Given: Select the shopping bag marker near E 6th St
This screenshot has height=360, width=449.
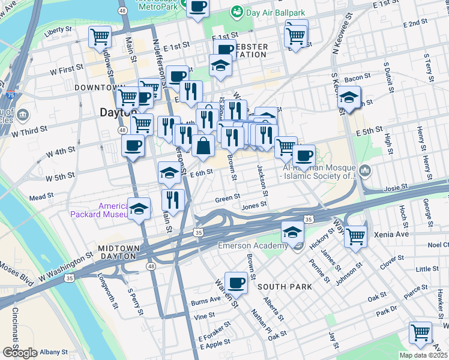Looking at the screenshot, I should click(203, 146).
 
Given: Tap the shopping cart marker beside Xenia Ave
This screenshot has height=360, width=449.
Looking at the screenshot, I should click(356, 236).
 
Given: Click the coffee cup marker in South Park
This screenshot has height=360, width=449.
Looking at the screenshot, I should click(236, 283).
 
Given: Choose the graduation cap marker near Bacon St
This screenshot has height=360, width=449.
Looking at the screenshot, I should click(349, 98).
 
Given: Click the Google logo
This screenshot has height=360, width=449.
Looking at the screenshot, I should click(20, 352).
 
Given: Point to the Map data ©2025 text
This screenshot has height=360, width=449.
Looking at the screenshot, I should click(424, 355).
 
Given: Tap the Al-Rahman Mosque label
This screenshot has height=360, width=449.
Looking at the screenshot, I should click(319, 172).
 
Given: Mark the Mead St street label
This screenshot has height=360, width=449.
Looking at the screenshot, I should click(41, 196).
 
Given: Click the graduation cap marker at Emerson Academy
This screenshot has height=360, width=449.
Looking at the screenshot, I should click(292, 231).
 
